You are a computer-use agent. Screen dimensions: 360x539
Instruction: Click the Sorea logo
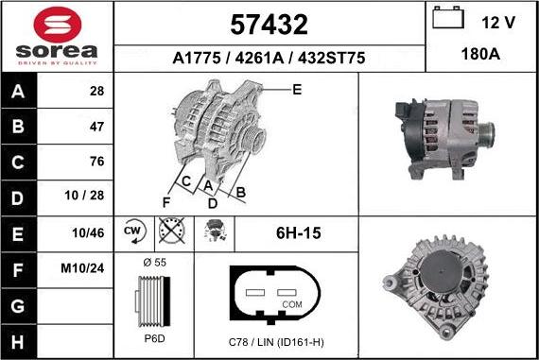(57, 36)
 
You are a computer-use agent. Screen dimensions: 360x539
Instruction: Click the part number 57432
(269, 24)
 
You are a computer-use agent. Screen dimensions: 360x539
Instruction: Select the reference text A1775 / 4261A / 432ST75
(269, 58)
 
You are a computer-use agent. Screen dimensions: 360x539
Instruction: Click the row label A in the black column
(18, 91)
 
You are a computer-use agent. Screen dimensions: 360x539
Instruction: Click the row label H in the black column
(18, 339)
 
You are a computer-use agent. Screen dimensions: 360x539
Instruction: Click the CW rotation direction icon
(132, 231)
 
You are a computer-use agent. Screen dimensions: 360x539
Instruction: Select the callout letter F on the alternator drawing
(165, 201)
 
